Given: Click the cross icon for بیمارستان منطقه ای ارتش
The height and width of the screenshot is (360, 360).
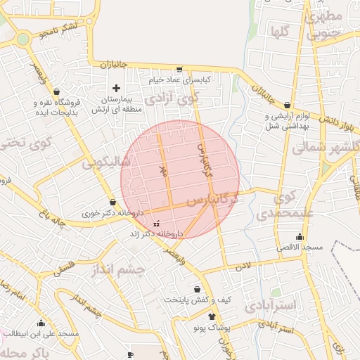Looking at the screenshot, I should (x=117, y=88).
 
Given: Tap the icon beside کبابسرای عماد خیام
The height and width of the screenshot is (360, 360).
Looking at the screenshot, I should (x=179, y=69).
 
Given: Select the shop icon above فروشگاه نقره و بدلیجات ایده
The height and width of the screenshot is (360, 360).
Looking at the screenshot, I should (x=57, y=91).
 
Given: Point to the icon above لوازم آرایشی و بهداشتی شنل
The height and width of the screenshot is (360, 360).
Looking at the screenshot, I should (x=287, y=105).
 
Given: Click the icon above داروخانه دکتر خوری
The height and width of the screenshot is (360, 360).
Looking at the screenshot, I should (x=112, y=202).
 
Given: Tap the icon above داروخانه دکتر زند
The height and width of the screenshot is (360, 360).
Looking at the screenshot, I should (x=156, y=223).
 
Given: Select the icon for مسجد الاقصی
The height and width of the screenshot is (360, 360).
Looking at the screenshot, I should (x=300, y=236).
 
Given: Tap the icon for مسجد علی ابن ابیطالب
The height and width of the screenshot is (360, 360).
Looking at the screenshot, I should (x=41, y=323).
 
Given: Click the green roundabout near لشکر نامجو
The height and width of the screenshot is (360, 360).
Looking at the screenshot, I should (x=23, y=39).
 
